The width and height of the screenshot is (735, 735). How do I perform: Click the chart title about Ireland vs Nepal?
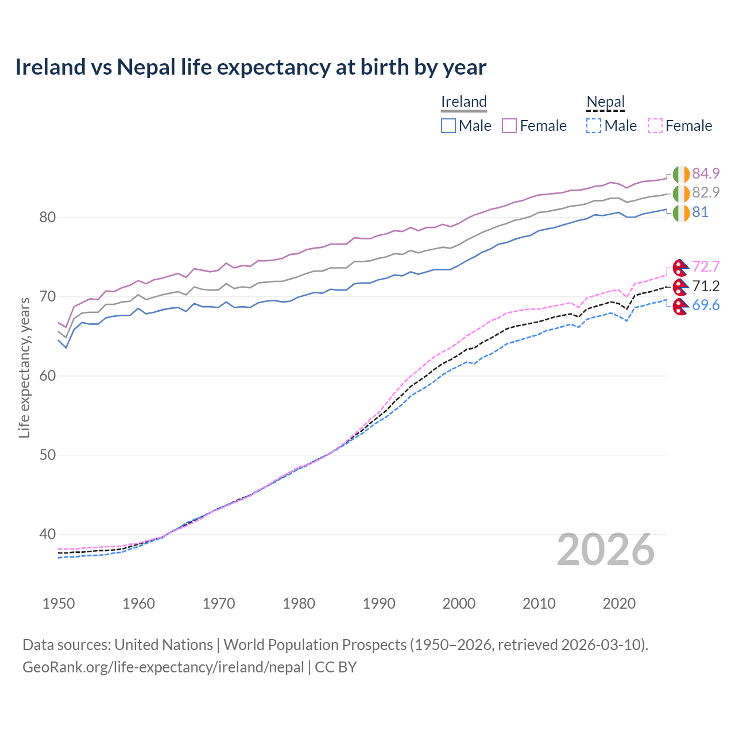(x=250, y=67)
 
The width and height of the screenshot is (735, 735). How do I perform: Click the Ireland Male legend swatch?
(x=448, y=126)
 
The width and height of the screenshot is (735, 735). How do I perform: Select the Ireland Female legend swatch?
(x=509, y=126)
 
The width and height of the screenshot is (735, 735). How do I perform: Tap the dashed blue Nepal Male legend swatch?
(x=594, y=126)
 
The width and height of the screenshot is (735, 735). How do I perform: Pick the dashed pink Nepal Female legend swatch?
(x=655, y=126)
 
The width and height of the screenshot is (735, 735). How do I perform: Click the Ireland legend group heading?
(x=463, y=102)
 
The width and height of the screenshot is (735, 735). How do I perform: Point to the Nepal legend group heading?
(x=605, y=102)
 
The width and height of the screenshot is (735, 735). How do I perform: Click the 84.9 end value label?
(x=706, y=173)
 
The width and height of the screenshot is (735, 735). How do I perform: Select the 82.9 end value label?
(x=706, y=192)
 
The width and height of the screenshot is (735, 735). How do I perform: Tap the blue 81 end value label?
(x=700, y=212)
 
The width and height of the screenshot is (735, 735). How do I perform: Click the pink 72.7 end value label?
(x=706, y=266)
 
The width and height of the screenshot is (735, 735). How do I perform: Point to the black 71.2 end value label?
(x=706, y=286)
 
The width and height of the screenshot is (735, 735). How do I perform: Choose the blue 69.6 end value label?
(x=706, y=305)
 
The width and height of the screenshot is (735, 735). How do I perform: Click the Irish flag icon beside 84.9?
(x=680, y=174)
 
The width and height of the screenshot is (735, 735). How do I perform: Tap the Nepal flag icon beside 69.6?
(x=680, y=306)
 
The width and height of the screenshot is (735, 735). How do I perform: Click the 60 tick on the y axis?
(x=48, y=376)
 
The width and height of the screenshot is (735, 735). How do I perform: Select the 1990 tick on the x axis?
(x=379, y=604)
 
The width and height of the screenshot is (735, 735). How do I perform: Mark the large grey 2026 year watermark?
(x=605, y=550)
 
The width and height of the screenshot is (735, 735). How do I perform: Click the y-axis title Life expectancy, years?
(x=24, y=367)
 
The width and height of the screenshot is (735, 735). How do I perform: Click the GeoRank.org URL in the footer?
(x=163, y=667)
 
